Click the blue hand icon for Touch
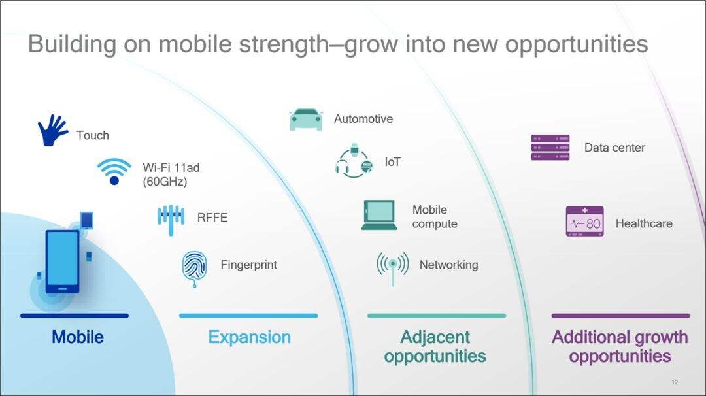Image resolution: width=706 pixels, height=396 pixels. pyautogui.click(x=52, y=130)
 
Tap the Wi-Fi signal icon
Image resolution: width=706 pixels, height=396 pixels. pyautogui.click(x=114, y=171)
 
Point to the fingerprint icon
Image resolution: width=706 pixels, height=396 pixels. pyautogui.click(x=195, y=269)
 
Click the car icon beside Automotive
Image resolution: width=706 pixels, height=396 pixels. pyautogui.click(x=306, y=119)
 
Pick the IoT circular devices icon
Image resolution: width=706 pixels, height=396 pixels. pyautogui.click(x=354, y=161)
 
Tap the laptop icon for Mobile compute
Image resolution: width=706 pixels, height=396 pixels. pyautogui.click(x=379, y=215)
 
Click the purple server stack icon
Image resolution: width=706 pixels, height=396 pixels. pyautogui.click(x=550, y=147)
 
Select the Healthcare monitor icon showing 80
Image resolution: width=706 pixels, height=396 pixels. pyautogui.click(x=584, y=222)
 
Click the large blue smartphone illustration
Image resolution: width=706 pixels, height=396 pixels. pyautogui.click(x=63, y=261)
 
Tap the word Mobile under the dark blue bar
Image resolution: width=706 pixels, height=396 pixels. pyautogui.click(x=78, y=337)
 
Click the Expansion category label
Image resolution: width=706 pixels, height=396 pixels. pyautogui.click(x=250, y=337)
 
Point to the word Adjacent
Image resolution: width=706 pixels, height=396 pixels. pyautogui.click(x=435, y=337)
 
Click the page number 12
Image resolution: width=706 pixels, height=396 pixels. pyautogui.click(x=675, y=382)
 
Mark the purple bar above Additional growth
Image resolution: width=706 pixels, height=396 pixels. pyautogui.click(x=620, y=316)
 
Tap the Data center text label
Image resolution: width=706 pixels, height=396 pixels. pyautogui.click(x=614, y=148)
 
